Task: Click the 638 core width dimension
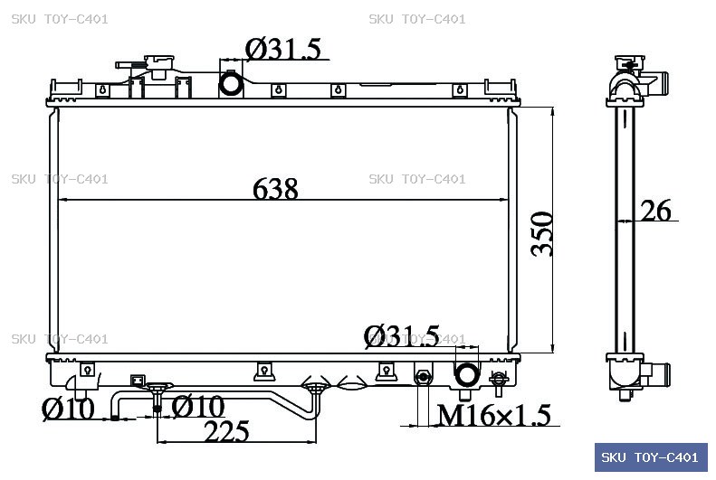275,188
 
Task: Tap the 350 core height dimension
542,234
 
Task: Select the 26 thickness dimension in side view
656,211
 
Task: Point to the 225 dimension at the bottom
227,431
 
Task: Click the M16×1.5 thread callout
494,415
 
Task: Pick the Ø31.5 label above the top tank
283,49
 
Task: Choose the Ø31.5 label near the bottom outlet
401,336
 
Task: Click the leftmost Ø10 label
68,409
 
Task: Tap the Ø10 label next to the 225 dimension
198,406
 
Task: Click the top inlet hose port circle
231,83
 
